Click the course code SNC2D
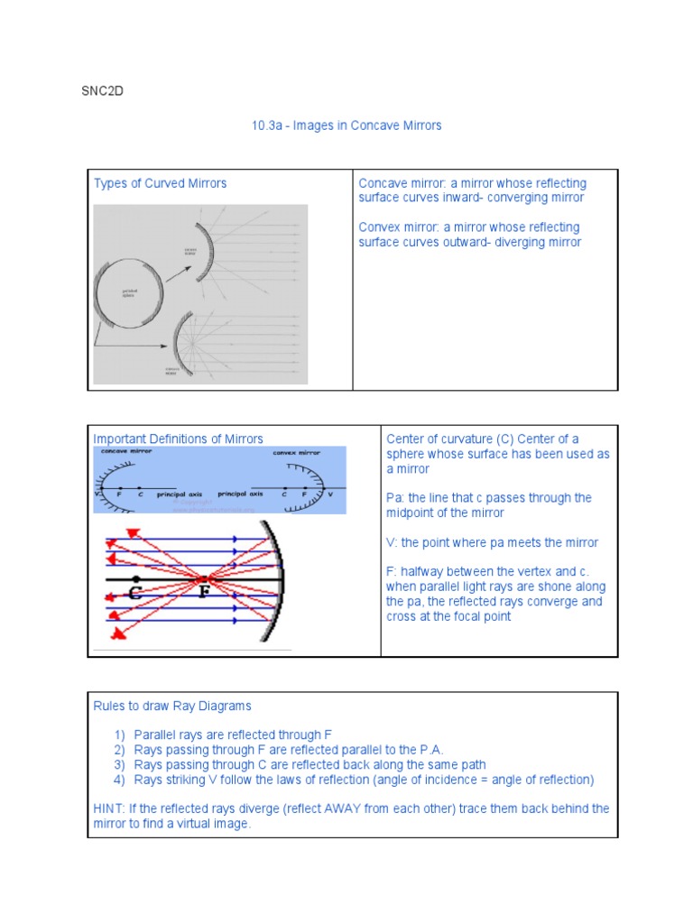(102, 91)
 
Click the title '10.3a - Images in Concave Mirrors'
(346, 125)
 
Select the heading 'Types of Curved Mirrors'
(160, 183)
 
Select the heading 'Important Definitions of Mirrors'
(178, 439)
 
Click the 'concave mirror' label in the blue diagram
(127, 450)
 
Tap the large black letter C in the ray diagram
(135, 594)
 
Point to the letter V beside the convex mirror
(330, 494)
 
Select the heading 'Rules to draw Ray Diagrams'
(172, 706)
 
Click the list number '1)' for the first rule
(120, 735)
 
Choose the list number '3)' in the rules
(120, 764)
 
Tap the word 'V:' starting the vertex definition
(393, 542)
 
